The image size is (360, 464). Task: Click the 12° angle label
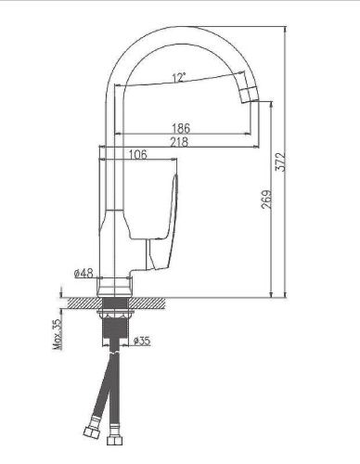[176, 78]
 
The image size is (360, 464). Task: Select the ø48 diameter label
[83, 275]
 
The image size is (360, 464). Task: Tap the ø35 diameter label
[142, 341]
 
